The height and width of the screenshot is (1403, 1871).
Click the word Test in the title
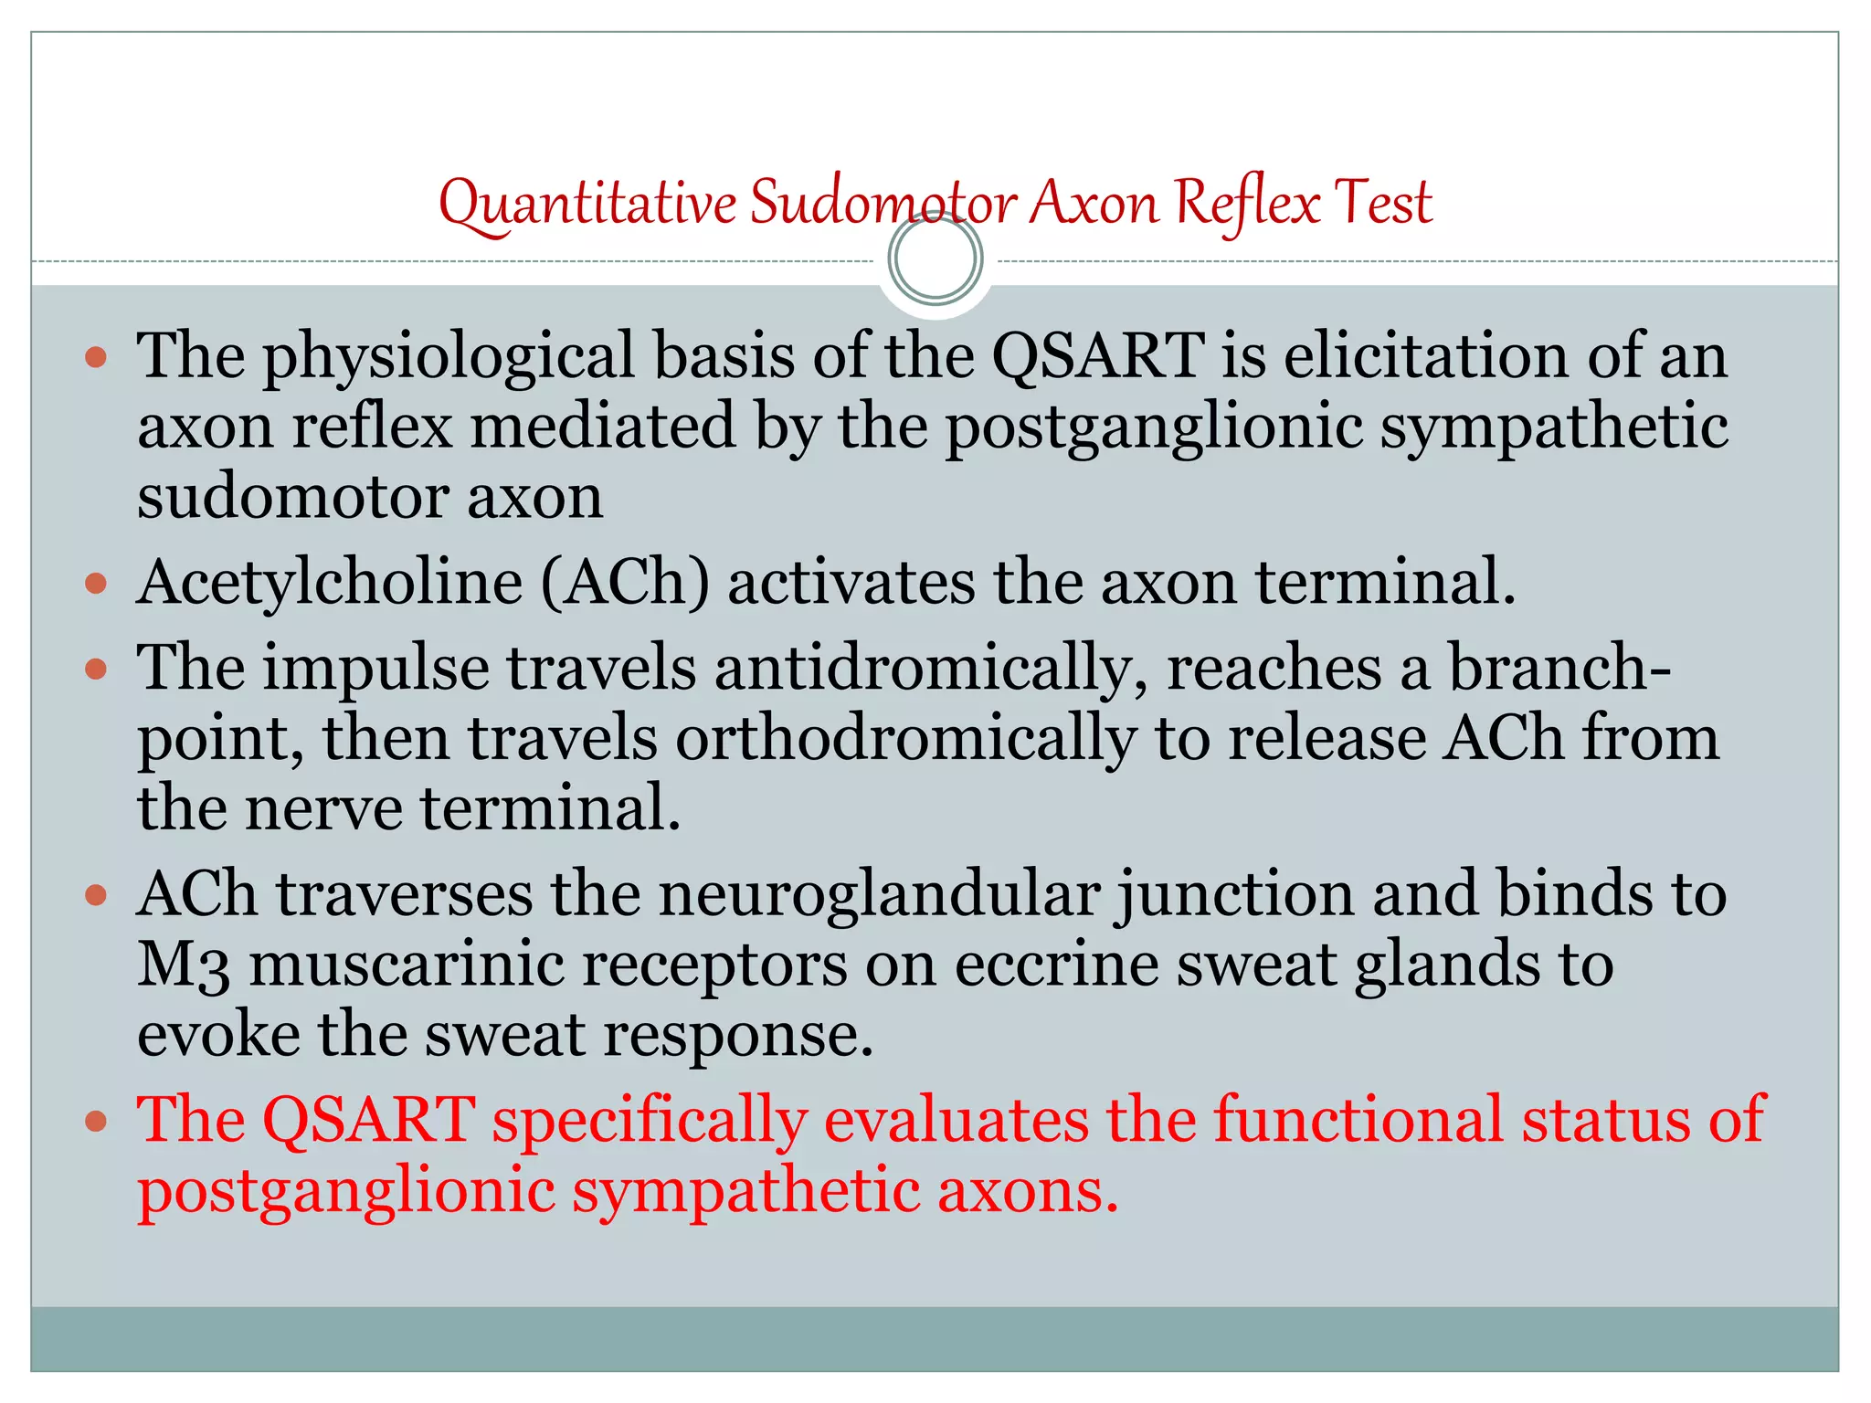pyautogui.click(x=1382, y=203)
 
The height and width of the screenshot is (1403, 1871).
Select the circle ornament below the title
pyautogui.click(x=935, y=258)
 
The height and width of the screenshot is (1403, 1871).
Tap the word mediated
pyautogui.click(x=603, y=426)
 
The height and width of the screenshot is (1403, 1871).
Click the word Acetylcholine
pyautogui.click(x=329, y=582)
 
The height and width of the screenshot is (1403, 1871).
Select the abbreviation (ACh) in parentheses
pyautogui.click(x=625, y=582)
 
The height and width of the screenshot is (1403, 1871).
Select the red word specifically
pyautogui.click(x=650, y=1121)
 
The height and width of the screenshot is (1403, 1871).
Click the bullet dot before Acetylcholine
pyautogui.click(x=96, y=584)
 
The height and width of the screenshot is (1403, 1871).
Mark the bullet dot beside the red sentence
pyautogui.click(x=96, y=1120)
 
